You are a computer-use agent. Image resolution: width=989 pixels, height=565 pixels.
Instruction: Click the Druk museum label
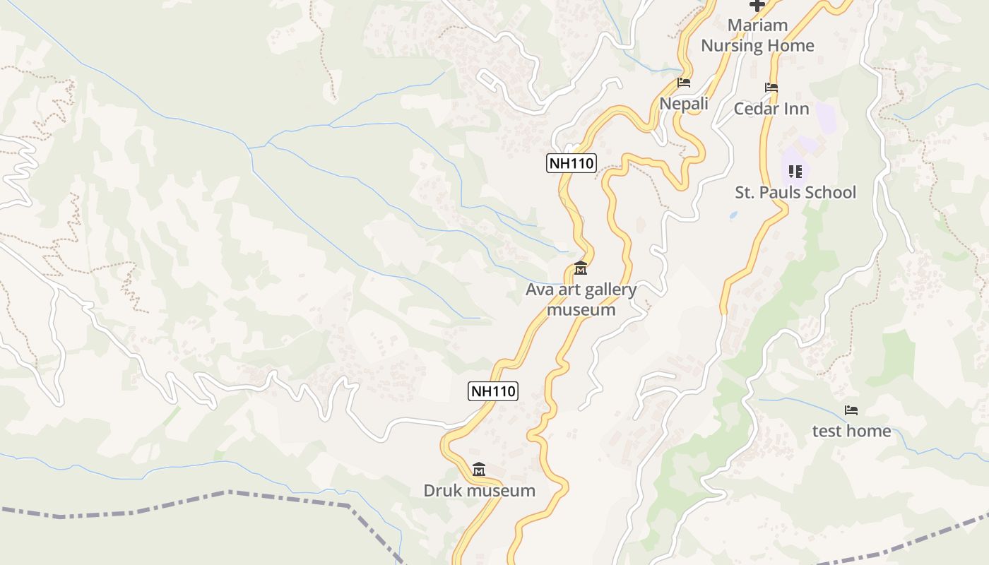[x=479, y=490]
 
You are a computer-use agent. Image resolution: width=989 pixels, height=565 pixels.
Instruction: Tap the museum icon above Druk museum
[x=479, y=469]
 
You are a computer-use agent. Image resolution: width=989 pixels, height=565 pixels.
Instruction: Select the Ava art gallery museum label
[x=581, y=299]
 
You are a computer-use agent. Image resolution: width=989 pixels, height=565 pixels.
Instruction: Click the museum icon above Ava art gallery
[x=581, y=268]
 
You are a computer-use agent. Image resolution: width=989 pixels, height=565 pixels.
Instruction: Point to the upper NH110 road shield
[x=572, y=164]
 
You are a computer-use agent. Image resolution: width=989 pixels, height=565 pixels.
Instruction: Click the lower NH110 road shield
[x=493, y=391]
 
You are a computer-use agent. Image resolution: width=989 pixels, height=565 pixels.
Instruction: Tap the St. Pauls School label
[x=795, y=192]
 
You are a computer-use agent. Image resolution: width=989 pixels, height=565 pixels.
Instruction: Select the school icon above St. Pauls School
[x=795, y=171]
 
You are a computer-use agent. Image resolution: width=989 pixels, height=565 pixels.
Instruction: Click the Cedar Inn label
[x=771, y=109]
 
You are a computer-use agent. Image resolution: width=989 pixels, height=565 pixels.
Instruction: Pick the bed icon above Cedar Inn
[x=771, y=88]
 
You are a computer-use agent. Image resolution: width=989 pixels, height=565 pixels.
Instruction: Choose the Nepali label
[x=683, y=104]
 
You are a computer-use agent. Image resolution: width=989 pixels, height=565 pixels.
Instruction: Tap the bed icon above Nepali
[x=683, y=83]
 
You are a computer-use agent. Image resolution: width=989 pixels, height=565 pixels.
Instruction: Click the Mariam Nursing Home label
[x=757, y=35]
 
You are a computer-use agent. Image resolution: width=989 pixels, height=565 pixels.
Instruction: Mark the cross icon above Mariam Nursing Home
[x=757, y=6]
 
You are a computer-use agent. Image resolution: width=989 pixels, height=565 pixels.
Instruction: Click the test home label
[x=851, y=431]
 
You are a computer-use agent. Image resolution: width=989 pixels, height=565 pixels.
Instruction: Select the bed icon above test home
[x=851, y=410]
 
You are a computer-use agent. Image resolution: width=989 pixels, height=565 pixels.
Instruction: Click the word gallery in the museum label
[x=610, y=290]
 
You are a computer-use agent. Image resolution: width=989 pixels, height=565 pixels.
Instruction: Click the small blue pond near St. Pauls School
[x=733, y=214]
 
